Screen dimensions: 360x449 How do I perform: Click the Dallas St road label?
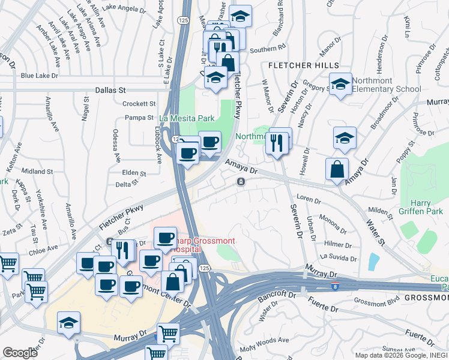coord(109,89)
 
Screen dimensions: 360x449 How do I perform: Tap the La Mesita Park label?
coord(187,118)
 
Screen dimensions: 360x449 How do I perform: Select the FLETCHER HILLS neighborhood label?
coord(304,65)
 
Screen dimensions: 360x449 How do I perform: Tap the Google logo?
coord(20,353)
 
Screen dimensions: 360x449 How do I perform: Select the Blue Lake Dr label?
coord(39,76)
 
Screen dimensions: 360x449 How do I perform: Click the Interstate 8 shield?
coord(336,287)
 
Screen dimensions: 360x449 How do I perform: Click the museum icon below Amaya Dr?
coord(241,182)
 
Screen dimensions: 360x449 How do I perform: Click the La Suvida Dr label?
coord(339,257)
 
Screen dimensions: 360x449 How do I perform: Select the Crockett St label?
coord(139,104)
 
